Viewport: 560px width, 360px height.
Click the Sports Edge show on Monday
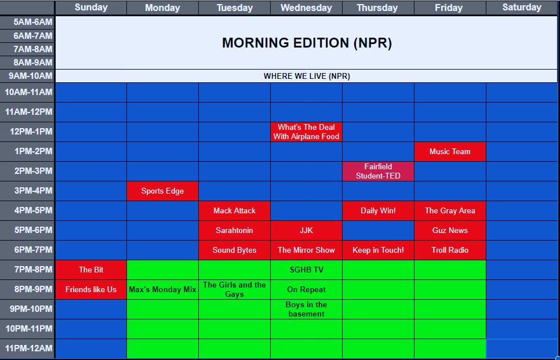[162, 191]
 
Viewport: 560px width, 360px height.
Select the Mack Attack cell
[234, 210]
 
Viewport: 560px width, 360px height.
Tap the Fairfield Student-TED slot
[378, 171]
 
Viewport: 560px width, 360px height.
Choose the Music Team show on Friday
[450, 151]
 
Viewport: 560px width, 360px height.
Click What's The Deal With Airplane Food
[306, 132]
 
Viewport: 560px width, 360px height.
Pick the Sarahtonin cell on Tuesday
[234, 230]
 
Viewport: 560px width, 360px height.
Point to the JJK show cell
[306, 230]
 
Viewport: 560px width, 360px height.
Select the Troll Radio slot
[450, 250]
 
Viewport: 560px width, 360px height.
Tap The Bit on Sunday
[91, 270]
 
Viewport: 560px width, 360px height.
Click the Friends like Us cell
[91, 289]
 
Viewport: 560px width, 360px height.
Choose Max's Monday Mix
[162, 289]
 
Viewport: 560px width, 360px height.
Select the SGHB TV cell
[306, 270]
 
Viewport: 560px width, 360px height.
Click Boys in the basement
[306, 309]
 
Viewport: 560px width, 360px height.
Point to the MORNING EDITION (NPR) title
[307, 43]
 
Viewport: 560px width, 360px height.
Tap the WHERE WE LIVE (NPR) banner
[307, 76]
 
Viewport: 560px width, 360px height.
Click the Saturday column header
[522, 8]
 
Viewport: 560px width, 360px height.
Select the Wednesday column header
[306, 8]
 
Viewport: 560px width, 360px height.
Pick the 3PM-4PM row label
[28, 191]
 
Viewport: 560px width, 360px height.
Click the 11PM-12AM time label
[28, 348]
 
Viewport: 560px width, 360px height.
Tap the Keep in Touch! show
[378, 250]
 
